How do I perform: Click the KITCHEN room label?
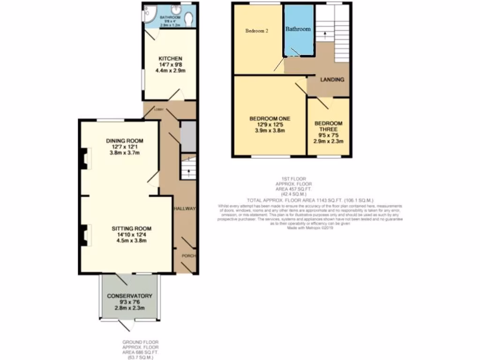170,59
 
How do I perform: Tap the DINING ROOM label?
124,141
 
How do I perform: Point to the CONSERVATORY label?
130,296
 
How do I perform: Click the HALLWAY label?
184,209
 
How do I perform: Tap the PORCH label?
188,256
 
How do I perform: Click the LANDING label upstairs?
332,80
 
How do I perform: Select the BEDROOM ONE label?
270,119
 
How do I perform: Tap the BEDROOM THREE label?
329,127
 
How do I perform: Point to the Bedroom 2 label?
257,31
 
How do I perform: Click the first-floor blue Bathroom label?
299,29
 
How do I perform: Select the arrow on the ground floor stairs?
188,173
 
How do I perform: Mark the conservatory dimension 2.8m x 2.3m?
130,308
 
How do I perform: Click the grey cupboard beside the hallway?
187,136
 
